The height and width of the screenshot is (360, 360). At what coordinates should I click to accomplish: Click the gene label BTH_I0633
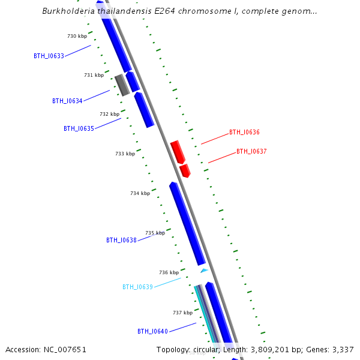[x=49, y=56]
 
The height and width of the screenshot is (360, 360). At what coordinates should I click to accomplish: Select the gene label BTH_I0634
[x=67, y=101]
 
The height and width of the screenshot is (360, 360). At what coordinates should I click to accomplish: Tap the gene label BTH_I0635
[x=79, y=129]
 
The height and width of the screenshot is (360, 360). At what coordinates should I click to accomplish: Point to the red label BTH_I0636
[x=244, y=133]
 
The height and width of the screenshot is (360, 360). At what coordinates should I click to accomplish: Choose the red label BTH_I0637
[x=251, y=152]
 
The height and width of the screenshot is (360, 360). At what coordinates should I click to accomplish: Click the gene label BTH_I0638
[x=121, y=241]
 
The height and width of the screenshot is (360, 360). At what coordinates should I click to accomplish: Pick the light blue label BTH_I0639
[x=137, y=287]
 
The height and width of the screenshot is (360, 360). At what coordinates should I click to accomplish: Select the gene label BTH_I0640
[x=152, y=332]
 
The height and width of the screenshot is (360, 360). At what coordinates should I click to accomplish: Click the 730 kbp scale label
[x=77, y=37]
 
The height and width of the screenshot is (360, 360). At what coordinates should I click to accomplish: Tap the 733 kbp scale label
[x=125, y=154]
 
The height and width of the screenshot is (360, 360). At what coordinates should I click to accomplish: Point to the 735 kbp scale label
[x=155, y=233]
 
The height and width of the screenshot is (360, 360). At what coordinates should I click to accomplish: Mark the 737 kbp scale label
[x=182, y=313]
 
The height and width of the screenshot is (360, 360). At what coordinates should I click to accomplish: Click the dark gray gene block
[x=122, y=85]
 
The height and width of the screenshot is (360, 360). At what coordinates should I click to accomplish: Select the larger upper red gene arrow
[x=177, y=152]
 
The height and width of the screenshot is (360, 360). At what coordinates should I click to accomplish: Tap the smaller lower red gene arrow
[x=185, y=170]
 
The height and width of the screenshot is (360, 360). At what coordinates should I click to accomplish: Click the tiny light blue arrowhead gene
[x=204, y=271]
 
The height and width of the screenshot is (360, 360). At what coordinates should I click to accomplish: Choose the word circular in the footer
[x=205, y=350]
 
